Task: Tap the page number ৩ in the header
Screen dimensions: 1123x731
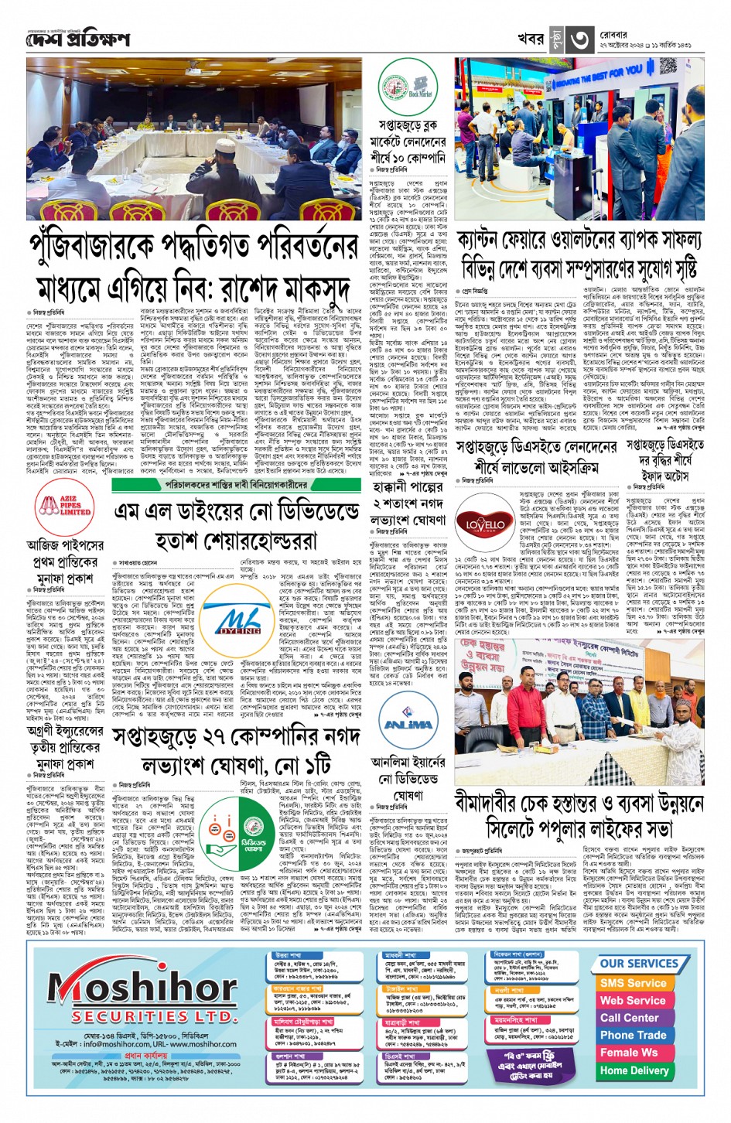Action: click(x=579, y=39)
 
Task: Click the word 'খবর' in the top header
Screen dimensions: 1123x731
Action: click(x=531, y=39)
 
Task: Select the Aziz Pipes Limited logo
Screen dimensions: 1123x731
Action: click(x=65, y=507)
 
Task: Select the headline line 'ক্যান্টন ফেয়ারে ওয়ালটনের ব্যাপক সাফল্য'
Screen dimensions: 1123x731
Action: click(x=579, y=241)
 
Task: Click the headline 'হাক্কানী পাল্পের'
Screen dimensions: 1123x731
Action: click(x=407, y=487)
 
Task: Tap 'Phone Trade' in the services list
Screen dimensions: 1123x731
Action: click(x=633, y=1035)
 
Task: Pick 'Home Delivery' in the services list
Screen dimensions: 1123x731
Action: click(x=634, y=1070)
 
